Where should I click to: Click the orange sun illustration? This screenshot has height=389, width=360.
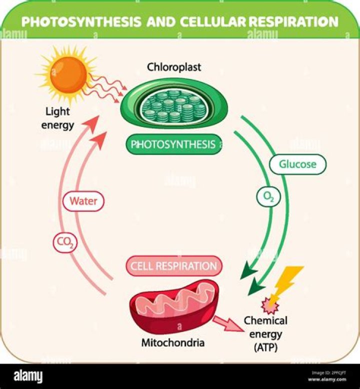(68, 73)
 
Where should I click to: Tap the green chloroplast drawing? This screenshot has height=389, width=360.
(173, 106)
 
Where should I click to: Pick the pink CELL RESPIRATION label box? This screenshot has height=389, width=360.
(173, 266)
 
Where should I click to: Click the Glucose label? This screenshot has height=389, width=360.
(298, 163)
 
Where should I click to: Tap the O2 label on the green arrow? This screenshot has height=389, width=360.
(268, 197)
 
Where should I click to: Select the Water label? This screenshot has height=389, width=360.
(83, 201)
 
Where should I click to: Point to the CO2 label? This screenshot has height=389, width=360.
(65, 243)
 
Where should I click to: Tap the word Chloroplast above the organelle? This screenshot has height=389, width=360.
(174, 67)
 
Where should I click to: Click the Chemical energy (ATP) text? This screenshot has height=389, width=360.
(265, 333)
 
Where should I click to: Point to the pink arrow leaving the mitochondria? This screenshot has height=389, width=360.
(229, 325)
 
